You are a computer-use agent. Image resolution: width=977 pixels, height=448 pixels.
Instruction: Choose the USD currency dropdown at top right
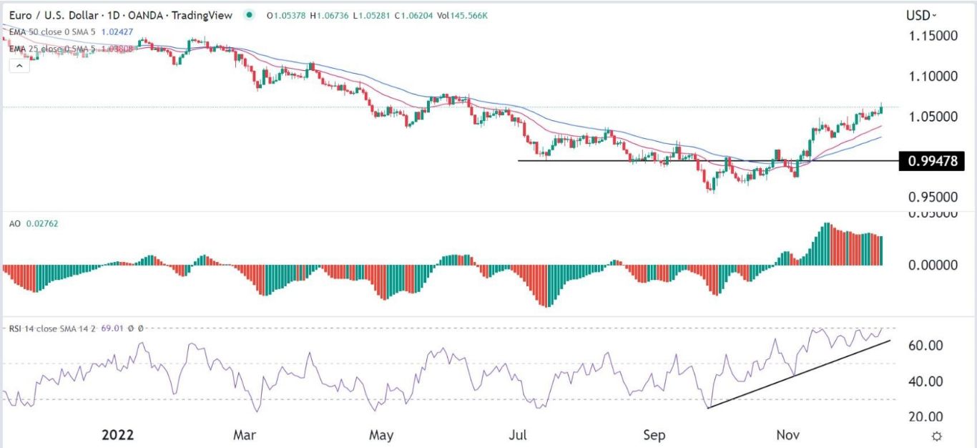[921, 15]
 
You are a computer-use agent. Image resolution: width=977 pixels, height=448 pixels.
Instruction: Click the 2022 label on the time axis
[118, 434]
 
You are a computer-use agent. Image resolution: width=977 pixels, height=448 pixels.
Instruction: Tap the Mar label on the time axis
[245, 434]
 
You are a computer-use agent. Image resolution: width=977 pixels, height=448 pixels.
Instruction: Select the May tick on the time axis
[381, 434]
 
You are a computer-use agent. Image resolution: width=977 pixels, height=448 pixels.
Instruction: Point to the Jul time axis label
[518, 434]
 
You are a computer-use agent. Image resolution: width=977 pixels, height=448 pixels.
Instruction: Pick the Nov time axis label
[789, 434]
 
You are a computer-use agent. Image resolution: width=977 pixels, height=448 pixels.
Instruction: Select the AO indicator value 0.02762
[42, 223]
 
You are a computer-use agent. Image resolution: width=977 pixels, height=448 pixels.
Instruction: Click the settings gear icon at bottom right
[936, 435]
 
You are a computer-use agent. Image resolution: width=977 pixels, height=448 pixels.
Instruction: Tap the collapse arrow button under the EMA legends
[19, 66]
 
